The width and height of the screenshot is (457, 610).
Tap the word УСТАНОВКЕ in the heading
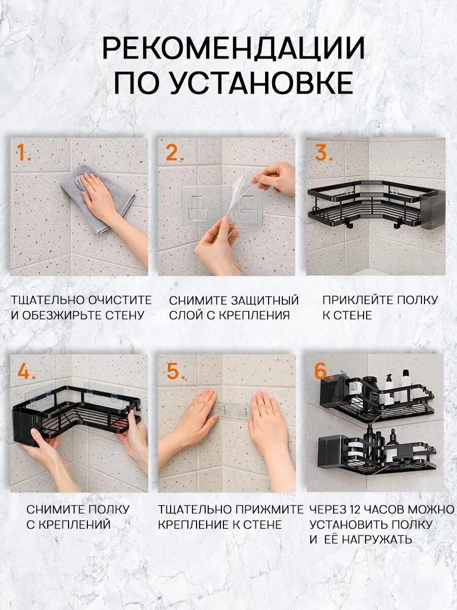[x=261, y=83]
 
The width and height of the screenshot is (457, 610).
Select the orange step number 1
[x=23, y=152]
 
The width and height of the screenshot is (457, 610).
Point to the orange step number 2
[x=174, y=152]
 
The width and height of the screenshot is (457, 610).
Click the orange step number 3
[x=323, y=152]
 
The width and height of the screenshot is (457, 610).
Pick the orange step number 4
[x=26, y=372]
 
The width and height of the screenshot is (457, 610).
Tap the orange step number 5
[x=177, y=372]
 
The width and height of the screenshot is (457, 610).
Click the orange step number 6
[x=323, y=372]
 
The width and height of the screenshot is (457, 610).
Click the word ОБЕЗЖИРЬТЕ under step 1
[x=60, y=316]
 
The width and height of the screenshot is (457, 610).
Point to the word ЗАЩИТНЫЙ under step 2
[x=265, y=300]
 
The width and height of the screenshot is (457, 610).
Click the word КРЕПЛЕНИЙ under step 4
[x=74, y=525]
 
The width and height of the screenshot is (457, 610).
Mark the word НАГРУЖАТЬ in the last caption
[x=377, y=539]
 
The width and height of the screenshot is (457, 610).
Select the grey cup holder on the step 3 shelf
[x=432, y=209]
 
